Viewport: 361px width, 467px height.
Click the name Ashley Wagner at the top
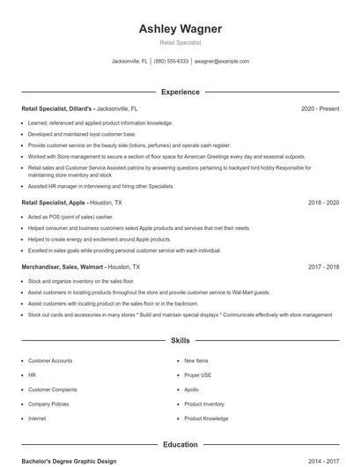[x=180, y=29]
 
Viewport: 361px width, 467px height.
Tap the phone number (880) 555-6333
[x=171, y=62]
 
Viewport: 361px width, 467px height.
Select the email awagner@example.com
[x=222, y=62]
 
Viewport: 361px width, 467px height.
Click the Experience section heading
[x=180, y=92]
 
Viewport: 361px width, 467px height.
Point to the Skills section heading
[x=180, y=339]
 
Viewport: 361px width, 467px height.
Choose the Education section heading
[x=180, y=445]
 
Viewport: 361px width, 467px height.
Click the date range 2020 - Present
[x=320, y=108]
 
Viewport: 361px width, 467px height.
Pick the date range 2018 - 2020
[x=323, y=203]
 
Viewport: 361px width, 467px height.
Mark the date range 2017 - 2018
[x=323, y=266]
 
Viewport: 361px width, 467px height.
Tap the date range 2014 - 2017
[x=323, y=461]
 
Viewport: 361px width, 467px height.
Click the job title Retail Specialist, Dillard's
[x=56, y=108]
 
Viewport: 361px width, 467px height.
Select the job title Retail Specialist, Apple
[x=53, y=203]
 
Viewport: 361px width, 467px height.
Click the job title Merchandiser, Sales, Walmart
[x=63, y=266]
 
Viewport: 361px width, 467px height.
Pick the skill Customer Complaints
[x=53, y=389]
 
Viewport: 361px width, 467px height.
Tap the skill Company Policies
[x=49, y=404]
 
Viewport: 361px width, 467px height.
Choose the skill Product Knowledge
[x=206, y=419]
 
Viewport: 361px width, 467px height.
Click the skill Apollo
[x=191, y=389]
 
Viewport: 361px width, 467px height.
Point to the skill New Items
[x=195, y=360]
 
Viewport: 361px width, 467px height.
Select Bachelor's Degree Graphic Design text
[x=69, y=461]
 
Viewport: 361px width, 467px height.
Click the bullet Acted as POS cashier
[x=70, y=217]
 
